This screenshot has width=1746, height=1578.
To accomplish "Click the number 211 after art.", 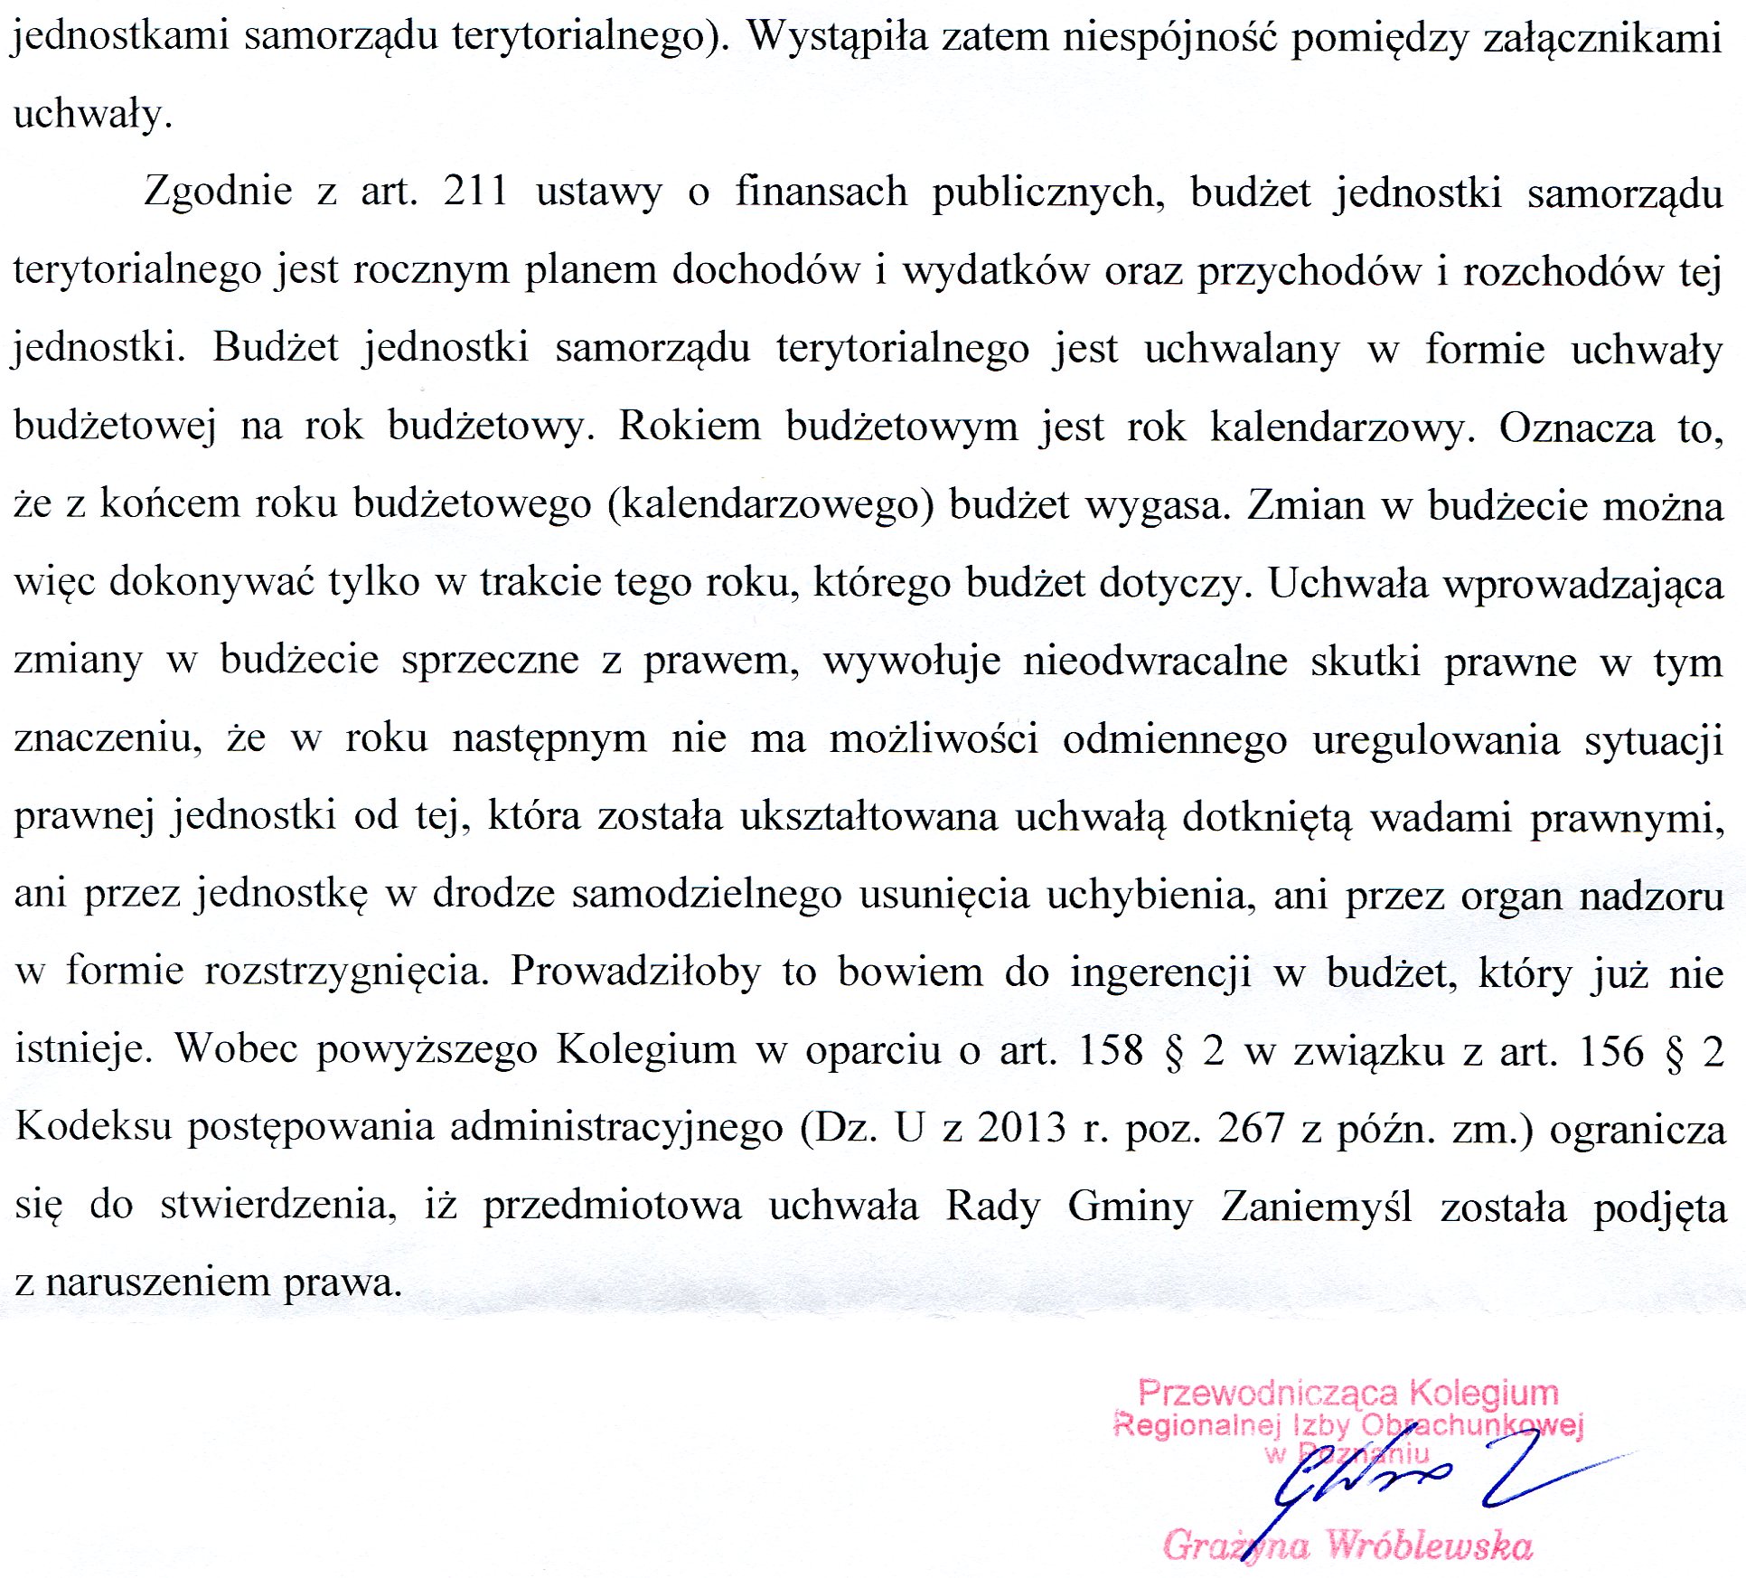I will coord(475,192).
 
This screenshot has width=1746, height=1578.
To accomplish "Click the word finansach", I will coord(821,192).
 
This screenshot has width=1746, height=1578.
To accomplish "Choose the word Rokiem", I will coord(690,427).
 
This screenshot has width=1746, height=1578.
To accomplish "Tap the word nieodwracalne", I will coord(1155,662).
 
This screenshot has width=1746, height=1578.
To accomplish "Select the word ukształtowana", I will coord(868,817).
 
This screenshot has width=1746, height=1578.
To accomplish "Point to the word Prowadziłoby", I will coord(635,972).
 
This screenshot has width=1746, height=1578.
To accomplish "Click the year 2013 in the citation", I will coord(1022,1128).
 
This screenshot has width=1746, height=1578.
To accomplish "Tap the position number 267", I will coord(1251,1128).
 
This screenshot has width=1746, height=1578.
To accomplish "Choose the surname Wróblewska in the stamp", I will coord(1429,1545).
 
